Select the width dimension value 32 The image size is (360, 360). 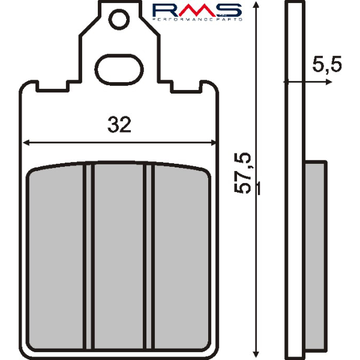[119, 125]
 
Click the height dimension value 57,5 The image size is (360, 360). [247, 173]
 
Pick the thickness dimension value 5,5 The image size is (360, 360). [327, 65]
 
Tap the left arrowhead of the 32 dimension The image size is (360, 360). [25, 143]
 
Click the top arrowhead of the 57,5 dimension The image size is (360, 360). [256, 5]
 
